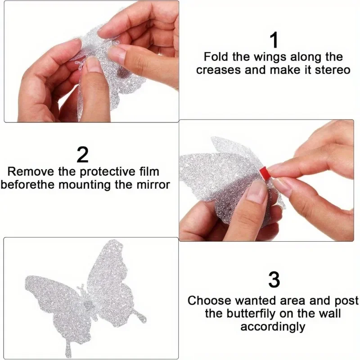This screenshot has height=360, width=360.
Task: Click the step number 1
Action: (274, 40)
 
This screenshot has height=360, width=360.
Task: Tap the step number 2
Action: (83, 154)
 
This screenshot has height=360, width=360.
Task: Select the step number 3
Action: (274, 280)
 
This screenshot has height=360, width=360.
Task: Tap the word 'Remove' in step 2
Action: (31, 172)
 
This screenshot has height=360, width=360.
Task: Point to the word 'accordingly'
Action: (273, 326)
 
